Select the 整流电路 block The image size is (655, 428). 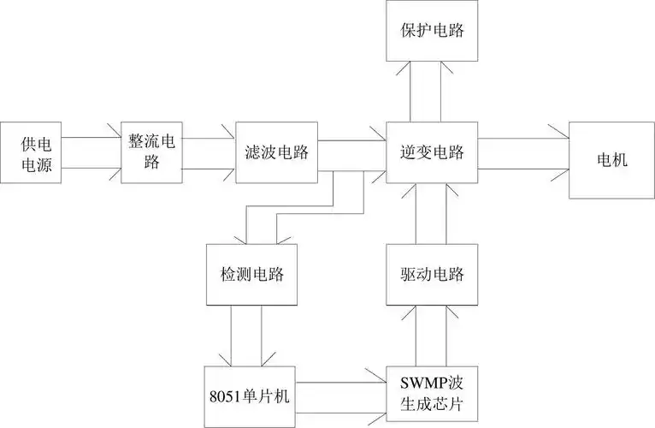point(151,152)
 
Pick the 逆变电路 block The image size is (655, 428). point(432,152)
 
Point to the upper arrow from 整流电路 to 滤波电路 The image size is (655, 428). point(209,137)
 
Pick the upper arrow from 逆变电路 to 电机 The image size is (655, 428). point(522,137)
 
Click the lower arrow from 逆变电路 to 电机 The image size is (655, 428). point(522,168)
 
